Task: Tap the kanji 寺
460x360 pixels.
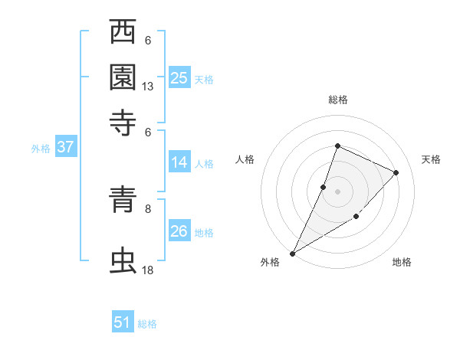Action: [123, 121]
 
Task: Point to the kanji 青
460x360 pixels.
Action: [123, 201]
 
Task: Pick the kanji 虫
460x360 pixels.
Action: [123, 260]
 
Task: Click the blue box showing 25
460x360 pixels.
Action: [179, 78]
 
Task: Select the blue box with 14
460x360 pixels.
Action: [179, 162]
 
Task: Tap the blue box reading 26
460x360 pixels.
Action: [179, 231]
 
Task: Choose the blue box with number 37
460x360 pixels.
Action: [65, 148]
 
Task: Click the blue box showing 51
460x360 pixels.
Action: [123, 322]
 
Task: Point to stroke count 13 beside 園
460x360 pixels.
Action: [148, 87]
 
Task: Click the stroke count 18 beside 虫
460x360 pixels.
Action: [148, 270]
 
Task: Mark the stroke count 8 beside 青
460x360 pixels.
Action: [148, 208]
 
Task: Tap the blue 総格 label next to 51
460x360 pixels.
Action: [147, 324]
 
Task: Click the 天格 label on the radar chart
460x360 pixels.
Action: [431, 159]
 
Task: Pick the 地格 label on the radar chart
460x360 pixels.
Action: [402, 262]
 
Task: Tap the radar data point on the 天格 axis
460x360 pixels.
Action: [396, 172]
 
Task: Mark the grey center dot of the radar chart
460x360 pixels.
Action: [337, 191]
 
